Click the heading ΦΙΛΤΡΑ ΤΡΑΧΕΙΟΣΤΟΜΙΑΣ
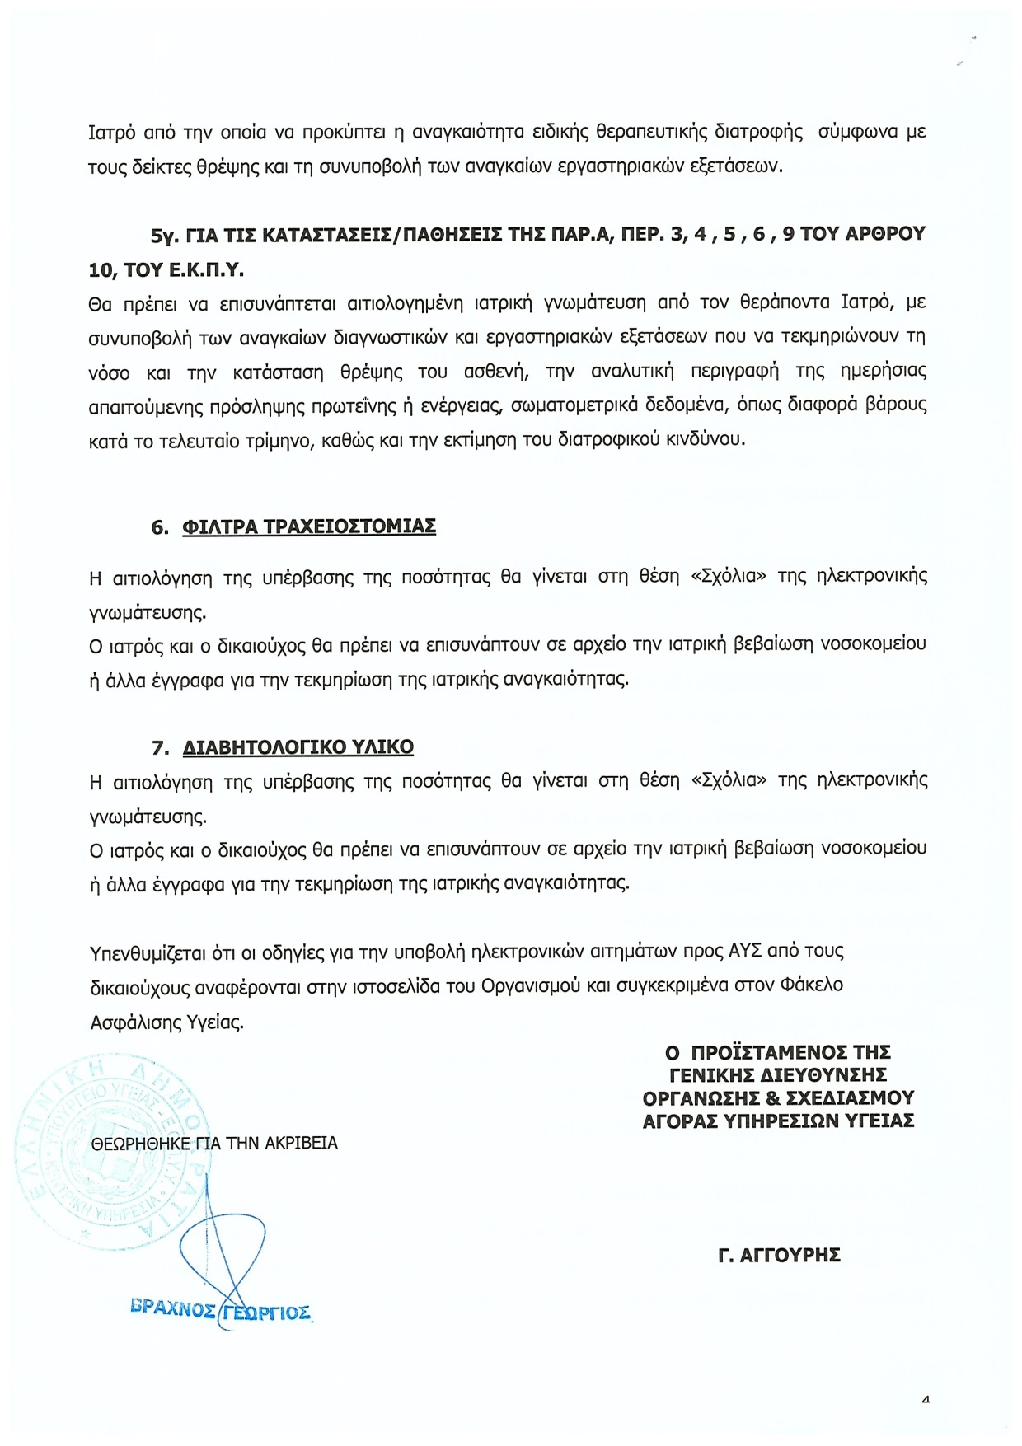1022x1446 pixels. pos(308,526)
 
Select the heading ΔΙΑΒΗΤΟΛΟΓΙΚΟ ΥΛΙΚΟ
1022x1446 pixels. pos(298,747)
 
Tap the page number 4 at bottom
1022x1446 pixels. pos(926,1399)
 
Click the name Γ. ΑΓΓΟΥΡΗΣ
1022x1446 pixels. pos(779,1256)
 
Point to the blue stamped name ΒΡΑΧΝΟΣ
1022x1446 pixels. pos(173,1308)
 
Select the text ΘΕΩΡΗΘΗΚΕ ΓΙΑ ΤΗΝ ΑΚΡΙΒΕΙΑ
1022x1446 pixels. pos(214,1144)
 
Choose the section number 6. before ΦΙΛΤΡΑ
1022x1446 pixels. pos(160,527)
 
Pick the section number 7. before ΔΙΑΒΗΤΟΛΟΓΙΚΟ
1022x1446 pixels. pos(160,748)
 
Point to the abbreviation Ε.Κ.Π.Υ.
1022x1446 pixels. pos(206,270)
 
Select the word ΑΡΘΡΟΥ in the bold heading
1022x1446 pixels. pos(885,235)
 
